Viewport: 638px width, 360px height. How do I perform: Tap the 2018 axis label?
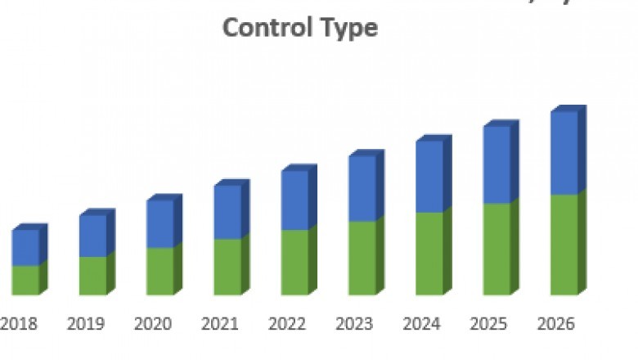pos(19,324)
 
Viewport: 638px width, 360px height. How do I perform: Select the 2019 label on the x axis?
pos(86,324)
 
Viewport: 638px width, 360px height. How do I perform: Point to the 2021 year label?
pos(221,324)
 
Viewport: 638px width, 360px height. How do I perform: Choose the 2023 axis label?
pos(355,324)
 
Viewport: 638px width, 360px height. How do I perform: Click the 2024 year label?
pos(422,324)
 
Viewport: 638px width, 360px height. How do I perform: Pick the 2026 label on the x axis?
pos(556,324)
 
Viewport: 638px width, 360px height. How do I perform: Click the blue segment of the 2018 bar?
pos(25,247)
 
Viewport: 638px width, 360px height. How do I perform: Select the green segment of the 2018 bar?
pos(25,280)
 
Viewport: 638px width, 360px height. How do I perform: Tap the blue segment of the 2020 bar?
pos(160,223)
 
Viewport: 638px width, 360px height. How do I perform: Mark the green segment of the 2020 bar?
pos(160,271)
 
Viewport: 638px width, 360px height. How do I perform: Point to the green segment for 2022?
pos(294,262)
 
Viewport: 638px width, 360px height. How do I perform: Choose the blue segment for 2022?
pos(294,200)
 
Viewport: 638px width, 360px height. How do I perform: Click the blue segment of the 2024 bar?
pos(429,176)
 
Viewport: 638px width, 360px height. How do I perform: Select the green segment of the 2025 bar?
pos(496,249)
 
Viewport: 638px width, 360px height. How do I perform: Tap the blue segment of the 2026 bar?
pos(564,153)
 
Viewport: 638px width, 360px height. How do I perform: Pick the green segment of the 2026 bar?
pos(564,245)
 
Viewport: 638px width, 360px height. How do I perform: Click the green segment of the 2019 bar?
pos(92,276)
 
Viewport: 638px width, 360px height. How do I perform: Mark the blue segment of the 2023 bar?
pos(362,188)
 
